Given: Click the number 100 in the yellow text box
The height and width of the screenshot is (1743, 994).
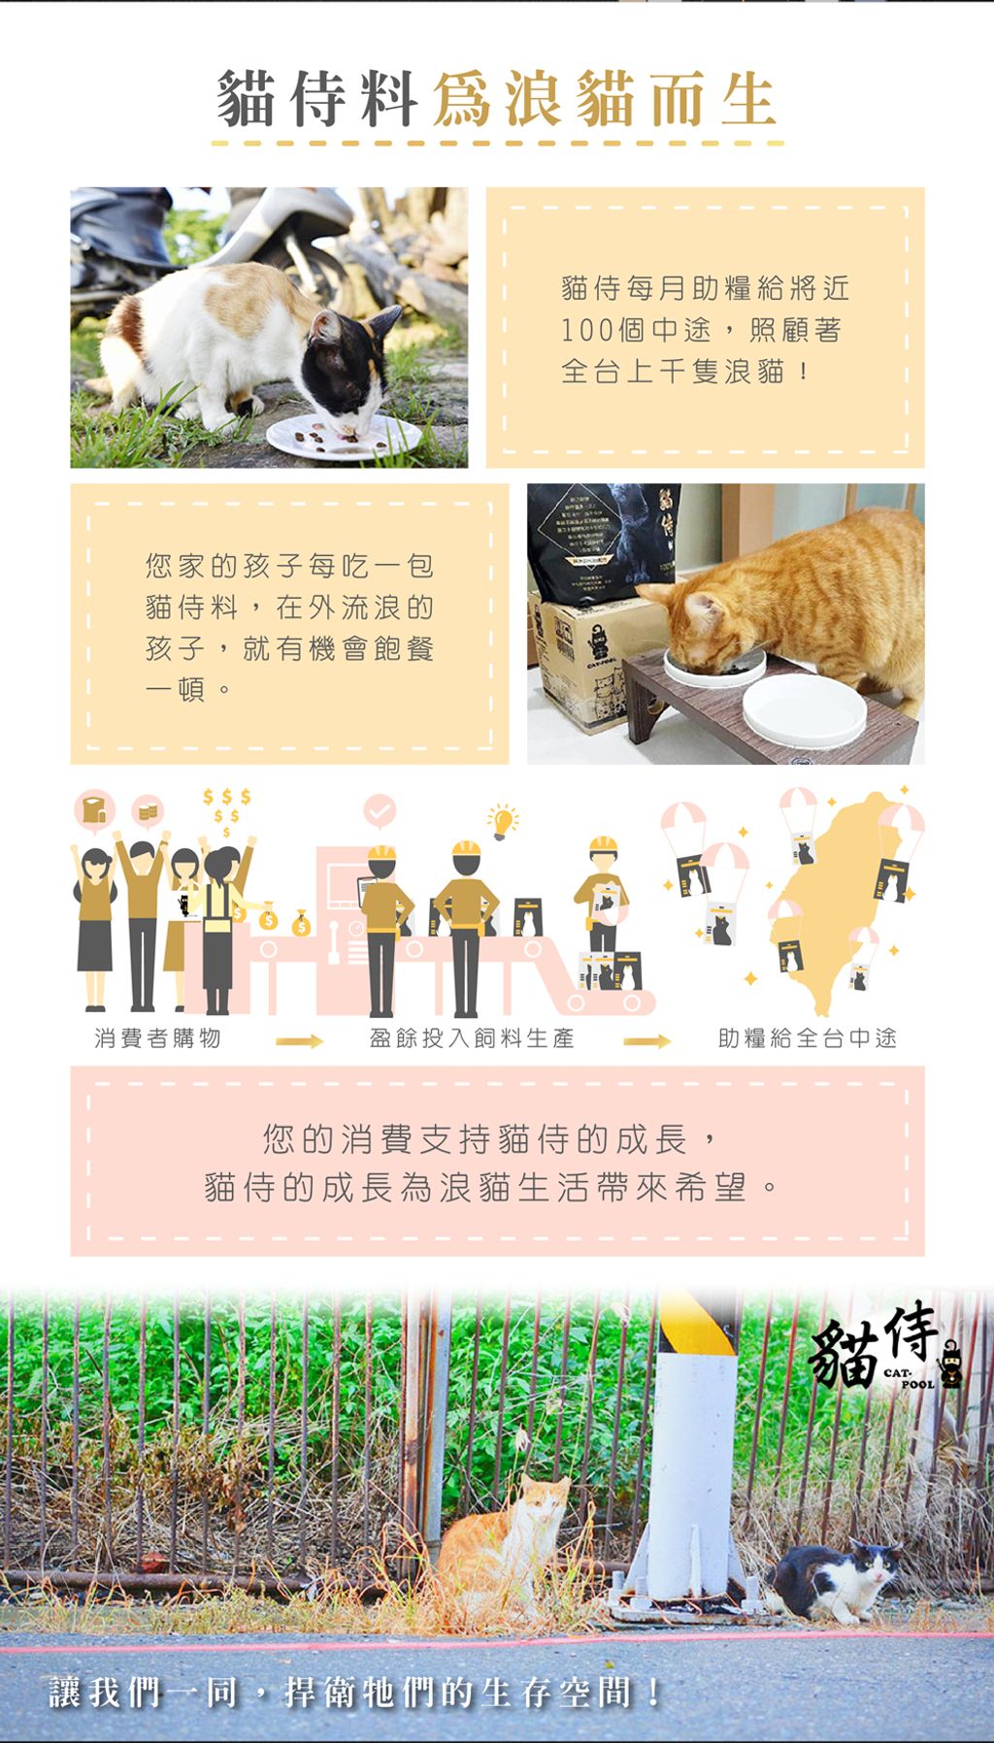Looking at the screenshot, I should coord(587,331).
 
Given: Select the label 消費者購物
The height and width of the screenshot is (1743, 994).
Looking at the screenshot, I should coord(158,1038).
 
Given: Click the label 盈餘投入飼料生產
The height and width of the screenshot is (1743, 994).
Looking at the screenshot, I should coord(472,1038).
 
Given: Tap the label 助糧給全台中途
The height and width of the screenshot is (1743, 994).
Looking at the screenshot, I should coord(808,1038).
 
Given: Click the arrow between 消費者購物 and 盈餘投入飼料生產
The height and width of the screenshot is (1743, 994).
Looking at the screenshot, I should coord(299,1041).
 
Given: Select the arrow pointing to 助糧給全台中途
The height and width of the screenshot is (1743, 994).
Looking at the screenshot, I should coord(646,1041).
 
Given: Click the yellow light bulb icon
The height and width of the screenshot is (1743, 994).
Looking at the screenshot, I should coord(503,821).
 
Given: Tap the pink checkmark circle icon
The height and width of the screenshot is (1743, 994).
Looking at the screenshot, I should coord(380,809).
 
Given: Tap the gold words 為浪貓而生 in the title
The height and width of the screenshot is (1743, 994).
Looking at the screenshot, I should coord(604,101).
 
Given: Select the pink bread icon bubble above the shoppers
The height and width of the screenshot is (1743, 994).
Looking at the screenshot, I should coord(94,810).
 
